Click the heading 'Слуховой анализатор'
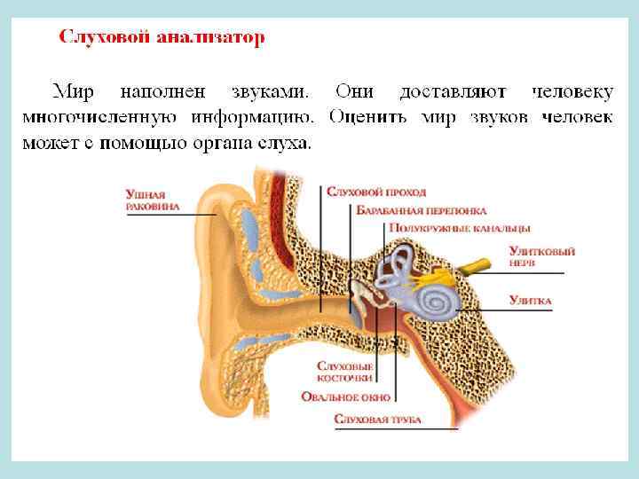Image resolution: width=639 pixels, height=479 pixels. click(x=162, y=38)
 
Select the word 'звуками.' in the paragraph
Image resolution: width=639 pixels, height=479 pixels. click(x=269, y=90)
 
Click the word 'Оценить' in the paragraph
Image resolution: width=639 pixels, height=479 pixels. click(x=368, y=116)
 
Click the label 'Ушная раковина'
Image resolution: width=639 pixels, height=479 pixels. click(x=152, y=200)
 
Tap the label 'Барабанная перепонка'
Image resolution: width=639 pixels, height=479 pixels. click(x=422, y=211)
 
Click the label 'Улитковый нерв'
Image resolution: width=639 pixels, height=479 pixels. click(x=540, y=255)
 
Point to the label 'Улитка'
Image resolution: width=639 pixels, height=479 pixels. click(x=530, y=302)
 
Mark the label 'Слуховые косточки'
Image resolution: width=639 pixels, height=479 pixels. click(x=344, y=372)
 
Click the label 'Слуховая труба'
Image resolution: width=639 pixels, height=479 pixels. click(x=377, y=420)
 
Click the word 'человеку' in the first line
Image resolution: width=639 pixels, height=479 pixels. click(x=572, y=90)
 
